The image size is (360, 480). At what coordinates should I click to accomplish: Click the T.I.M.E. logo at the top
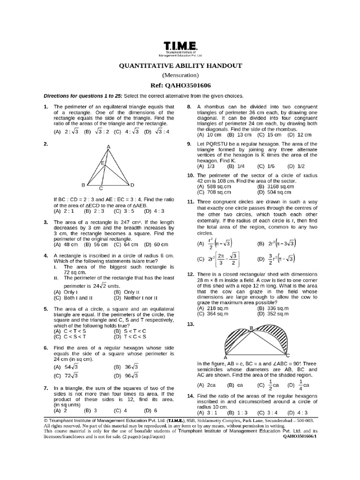point(180,46)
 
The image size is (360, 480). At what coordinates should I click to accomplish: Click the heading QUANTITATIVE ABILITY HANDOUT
point(180,66)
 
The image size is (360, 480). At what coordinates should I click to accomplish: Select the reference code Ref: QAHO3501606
point(180,85)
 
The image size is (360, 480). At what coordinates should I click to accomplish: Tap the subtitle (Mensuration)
point(180,75)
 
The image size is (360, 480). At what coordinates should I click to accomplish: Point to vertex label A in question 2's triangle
point(108,147)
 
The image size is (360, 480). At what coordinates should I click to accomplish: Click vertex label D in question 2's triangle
point(133,185)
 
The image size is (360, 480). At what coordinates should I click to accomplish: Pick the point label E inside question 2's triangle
point(102,163)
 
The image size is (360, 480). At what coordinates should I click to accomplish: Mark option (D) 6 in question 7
point(150,410)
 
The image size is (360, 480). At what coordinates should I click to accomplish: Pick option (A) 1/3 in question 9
point(206,166)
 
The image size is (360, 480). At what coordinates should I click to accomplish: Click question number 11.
point(190,201)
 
